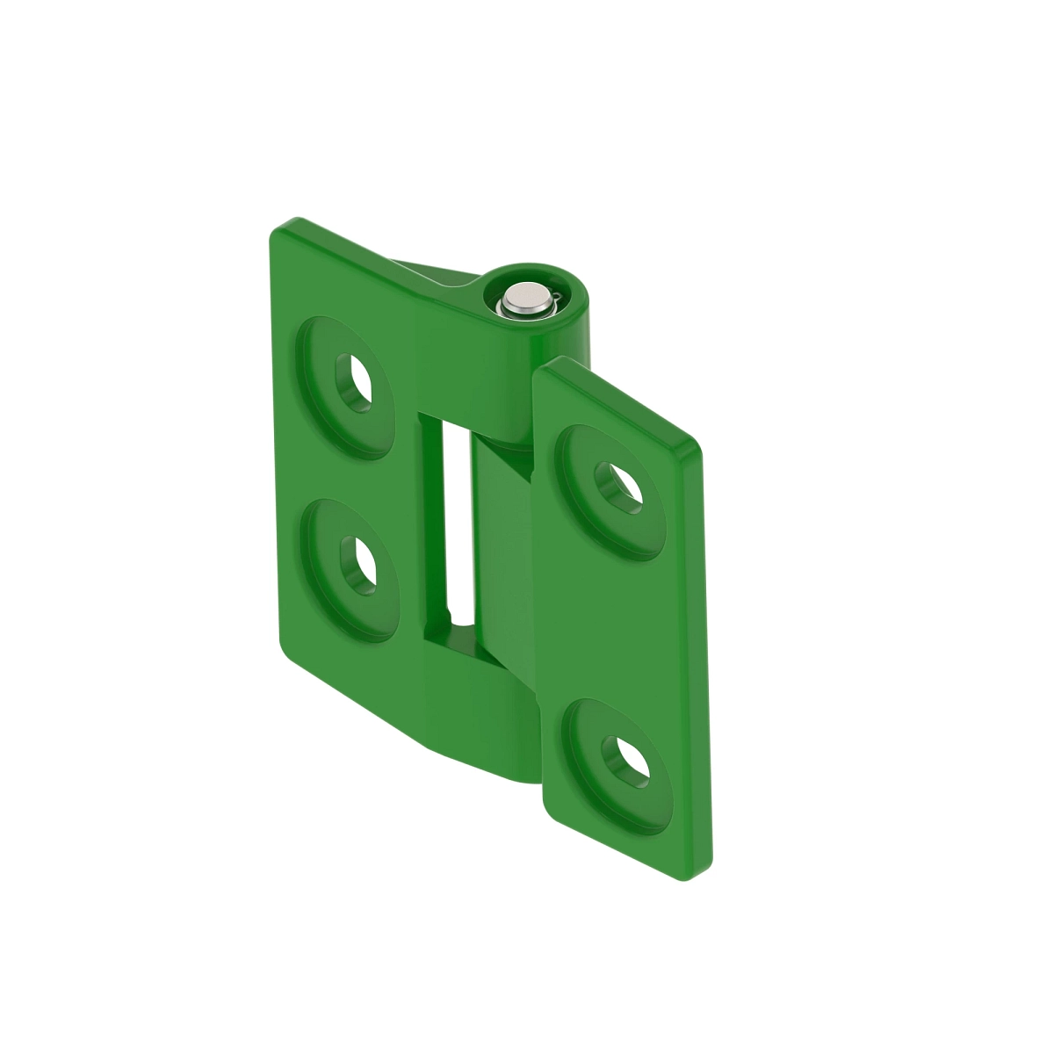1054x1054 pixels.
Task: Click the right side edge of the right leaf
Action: point(704,659)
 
